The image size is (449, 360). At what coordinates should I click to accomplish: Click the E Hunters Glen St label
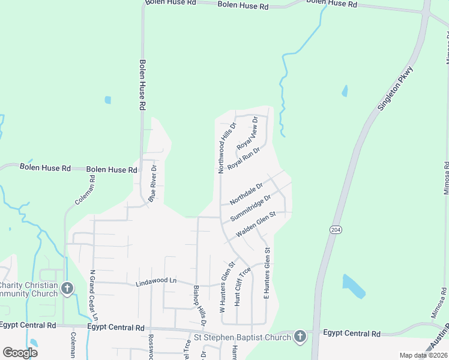point(268,274)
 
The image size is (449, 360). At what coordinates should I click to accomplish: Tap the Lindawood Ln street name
point(156,280)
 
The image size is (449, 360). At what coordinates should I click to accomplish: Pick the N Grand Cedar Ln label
point(94,294)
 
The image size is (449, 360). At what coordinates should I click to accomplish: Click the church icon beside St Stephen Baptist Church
point(300,337)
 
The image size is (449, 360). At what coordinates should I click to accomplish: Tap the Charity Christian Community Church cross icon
point(67,289)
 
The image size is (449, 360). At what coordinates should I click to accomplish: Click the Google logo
point(20,352)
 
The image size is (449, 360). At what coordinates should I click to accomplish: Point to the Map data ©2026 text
point(423,355)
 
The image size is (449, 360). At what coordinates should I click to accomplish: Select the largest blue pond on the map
point(354,286)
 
